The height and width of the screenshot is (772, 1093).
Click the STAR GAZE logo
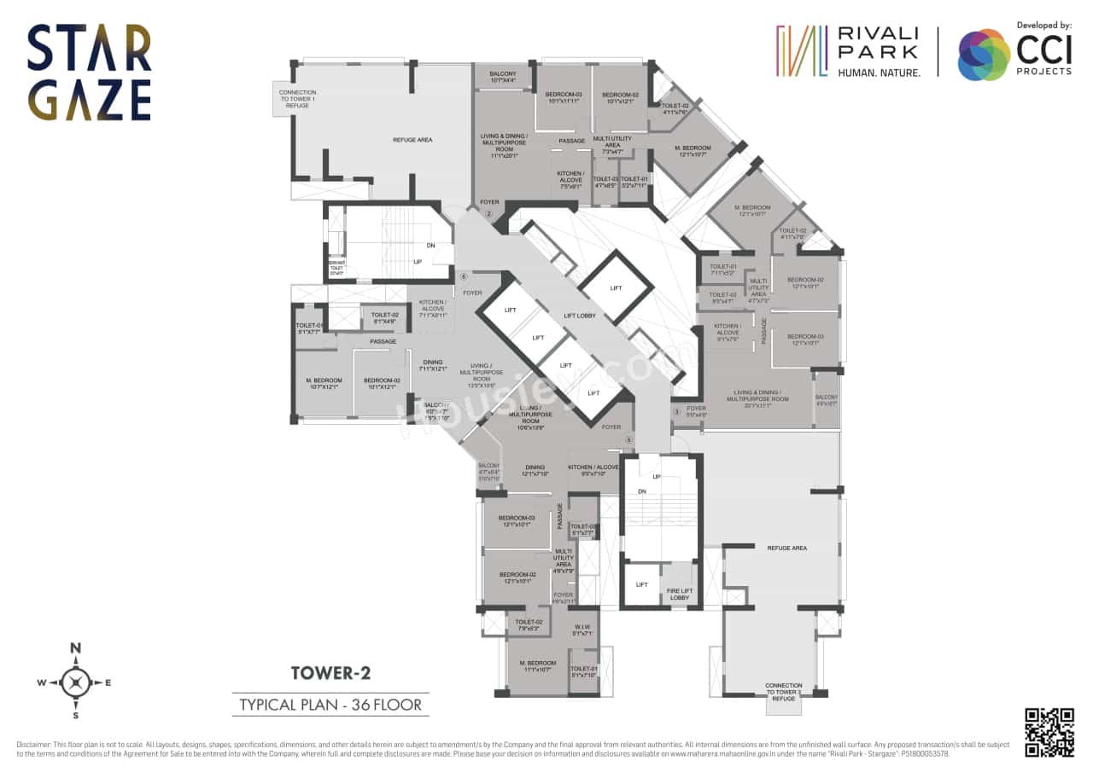tap(89, 73)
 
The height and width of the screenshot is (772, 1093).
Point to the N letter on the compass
tap(75, 648)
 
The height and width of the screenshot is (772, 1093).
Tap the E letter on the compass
tap(108, 682)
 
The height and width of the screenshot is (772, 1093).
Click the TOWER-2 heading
tap(330, 674)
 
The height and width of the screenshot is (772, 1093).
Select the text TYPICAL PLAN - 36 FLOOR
tap(330, 705)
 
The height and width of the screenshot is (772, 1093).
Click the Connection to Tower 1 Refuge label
tap(297, 98)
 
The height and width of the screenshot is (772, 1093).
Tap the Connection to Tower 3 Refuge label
tap(783, 692)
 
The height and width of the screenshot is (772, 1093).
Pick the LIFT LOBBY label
tap(581, 316)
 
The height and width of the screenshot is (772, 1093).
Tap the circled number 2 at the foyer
tap(489, 214)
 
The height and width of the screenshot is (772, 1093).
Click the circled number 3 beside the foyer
tap(677, 411)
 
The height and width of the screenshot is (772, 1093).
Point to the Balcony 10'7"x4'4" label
tap(503, 77)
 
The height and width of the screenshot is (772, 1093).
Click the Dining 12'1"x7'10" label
tap(535, 470)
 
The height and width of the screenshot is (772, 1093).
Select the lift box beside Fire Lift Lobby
tap(641, 585)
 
